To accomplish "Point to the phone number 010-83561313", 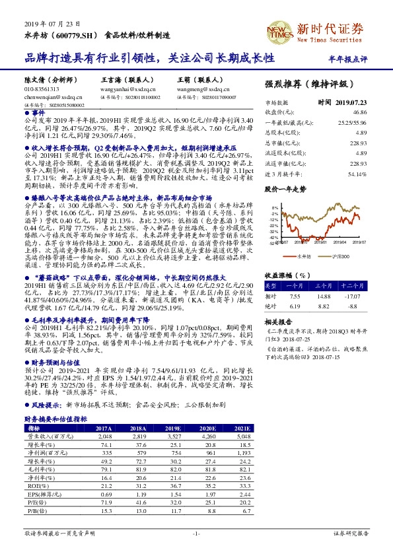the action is pos(42,89).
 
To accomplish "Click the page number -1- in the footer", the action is pos(196,532).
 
